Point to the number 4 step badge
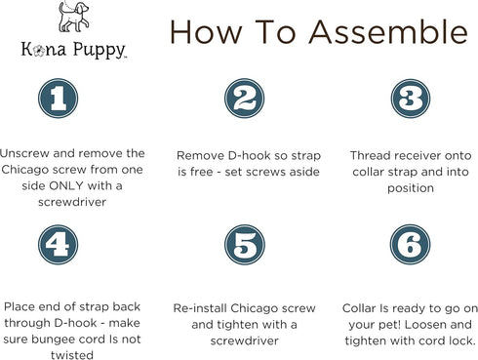(57, 245)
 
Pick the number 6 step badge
(411, 245)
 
